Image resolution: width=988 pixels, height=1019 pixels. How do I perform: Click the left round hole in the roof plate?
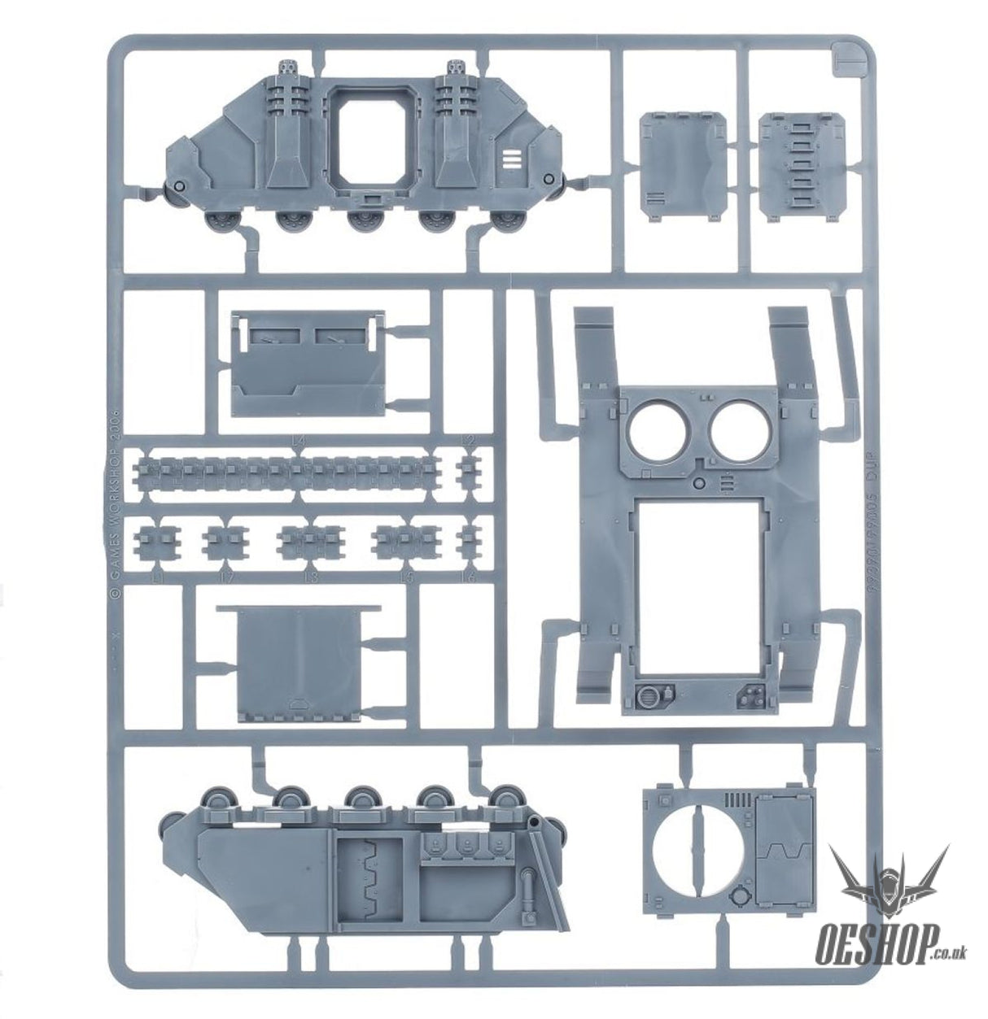pyautogui.click(x=655, y=428)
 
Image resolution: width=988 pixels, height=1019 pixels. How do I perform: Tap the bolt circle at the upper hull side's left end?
pyautogui.click(x=180, y=189)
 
